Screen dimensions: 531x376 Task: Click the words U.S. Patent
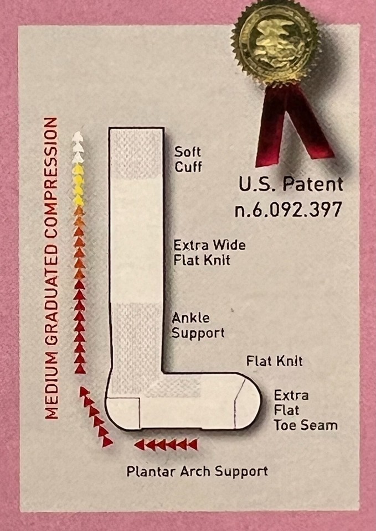(291, 184)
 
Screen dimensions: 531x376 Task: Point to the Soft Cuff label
(188, 159)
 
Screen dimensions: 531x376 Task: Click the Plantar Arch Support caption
(197, 472)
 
